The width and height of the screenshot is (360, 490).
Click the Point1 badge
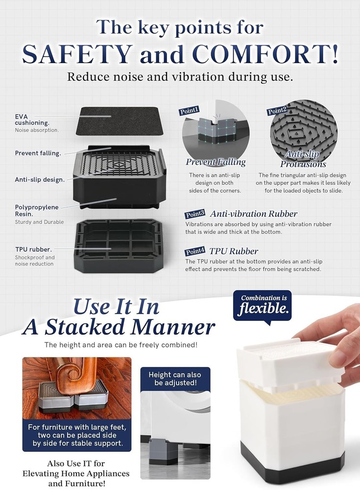190,112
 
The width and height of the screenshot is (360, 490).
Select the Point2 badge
277,111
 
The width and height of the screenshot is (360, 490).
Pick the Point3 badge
196,214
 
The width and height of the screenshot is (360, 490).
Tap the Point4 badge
196,251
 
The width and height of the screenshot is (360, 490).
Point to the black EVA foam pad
118,121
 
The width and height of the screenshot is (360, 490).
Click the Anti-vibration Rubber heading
253,214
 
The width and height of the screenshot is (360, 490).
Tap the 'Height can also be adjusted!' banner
175,379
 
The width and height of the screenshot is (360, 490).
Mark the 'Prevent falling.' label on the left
38,153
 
